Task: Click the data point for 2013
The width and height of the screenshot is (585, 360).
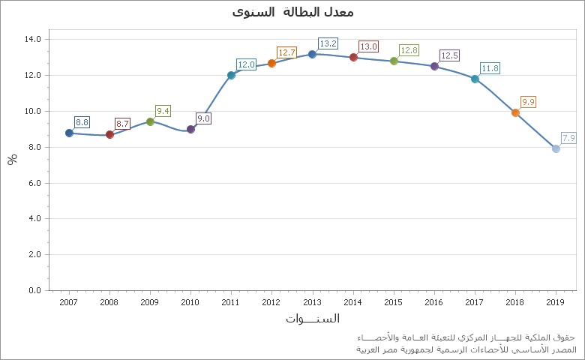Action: pos(312,54)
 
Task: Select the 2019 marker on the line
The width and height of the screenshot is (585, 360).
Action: pos(556,148)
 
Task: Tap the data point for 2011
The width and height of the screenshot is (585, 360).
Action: pos(231,75)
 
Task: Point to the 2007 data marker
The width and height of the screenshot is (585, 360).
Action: pos(69,133)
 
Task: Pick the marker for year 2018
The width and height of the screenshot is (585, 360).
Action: pos(515,112)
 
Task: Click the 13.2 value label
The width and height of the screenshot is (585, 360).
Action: pos(328,43)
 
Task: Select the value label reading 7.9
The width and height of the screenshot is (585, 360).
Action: pos(568,138)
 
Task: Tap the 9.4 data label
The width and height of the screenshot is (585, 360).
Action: pos(163,111)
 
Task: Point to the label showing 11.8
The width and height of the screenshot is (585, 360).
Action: pos(490,68)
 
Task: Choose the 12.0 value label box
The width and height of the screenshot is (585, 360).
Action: pos(247,64)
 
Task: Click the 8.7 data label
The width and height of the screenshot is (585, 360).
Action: pos(122,124)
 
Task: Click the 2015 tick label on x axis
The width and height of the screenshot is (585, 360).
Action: pos(393,302)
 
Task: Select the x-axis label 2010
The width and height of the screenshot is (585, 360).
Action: pos(190,302)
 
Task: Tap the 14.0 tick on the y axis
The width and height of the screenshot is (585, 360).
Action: pos(33,39)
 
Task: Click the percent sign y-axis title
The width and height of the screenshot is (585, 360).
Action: pos(12,159)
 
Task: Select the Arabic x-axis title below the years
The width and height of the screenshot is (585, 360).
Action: pos(312,319)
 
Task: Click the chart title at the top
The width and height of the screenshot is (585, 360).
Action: pos(292,12)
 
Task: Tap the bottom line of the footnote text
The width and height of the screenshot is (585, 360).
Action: pos(466,349)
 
